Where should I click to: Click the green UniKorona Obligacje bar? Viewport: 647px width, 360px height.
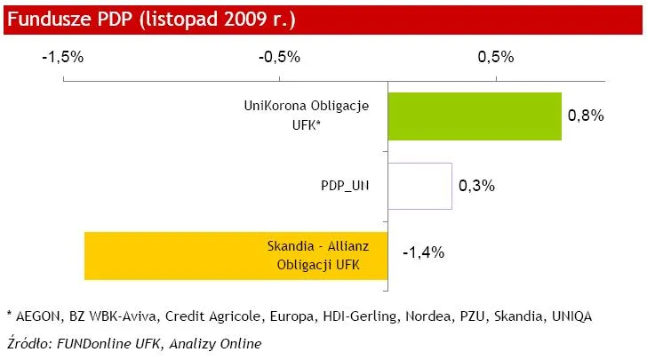475,116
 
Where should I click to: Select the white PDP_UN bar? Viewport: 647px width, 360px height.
419,186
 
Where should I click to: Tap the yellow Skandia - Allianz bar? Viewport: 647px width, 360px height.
236,256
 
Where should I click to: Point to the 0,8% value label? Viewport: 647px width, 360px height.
586,116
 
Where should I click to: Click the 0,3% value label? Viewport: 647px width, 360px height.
476,186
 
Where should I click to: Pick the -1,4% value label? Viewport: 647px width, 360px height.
423,252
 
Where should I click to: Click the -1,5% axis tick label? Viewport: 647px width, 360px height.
63,57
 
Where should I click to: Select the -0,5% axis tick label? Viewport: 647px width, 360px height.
280,57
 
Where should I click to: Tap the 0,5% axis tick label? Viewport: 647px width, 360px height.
496,57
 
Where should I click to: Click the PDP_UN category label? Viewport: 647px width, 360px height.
346,186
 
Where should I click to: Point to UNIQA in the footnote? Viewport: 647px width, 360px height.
569,316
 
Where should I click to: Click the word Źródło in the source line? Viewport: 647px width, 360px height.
28,341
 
